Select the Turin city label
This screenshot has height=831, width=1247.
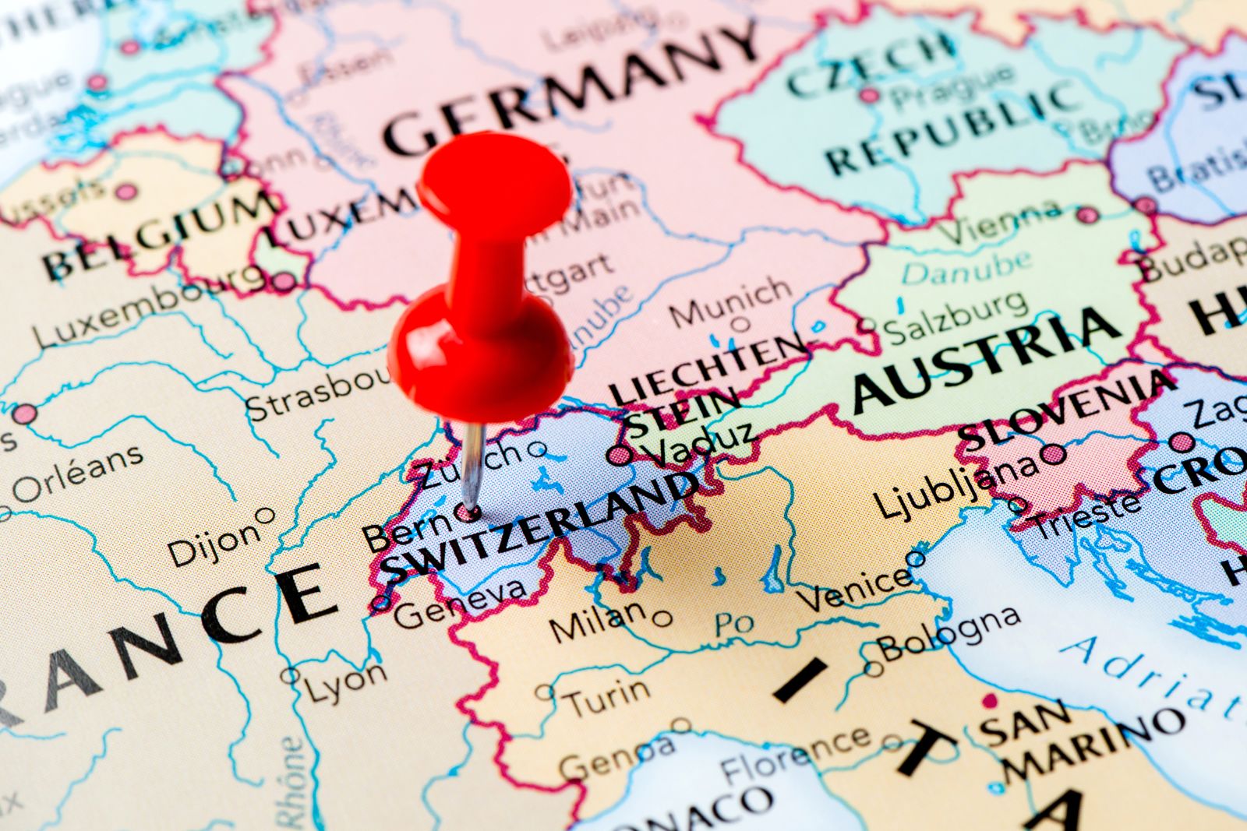pos(607,697)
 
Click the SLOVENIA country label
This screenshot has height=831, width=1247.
pos(1068,409)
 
